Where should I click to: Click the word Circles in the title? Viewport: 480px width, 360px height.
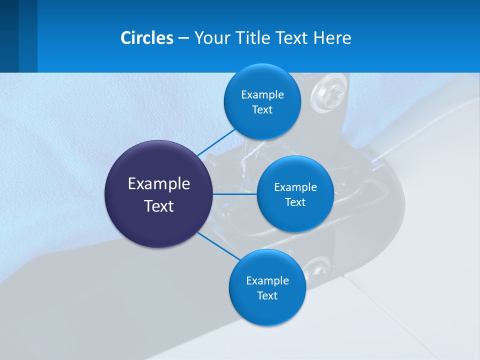tap(146, 38)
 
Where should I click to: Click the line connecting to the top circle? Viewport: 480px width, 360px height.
tap(216, 142)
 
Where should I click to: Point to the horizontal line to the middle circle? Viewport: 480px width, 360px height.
tap(234, 194)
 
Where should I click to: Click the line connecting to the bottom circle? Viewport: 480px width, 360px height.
tap(219, 246)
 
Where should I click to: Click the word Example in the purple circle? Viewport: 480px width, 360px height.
tap(158, 184)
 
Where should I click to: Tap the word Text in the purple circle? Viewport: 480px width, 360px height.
tap(158, 206)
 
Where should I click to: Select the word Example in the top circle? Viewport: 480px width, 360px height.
tap(262, 95)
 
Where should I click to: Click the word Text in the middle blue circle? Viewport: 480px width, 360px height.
tap(295, 202)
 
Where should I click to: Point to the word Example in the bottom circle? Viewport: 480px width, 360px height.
tap(267, 281)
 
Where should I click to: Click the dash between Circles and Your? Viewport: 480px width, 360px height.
tap(183, 38)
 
